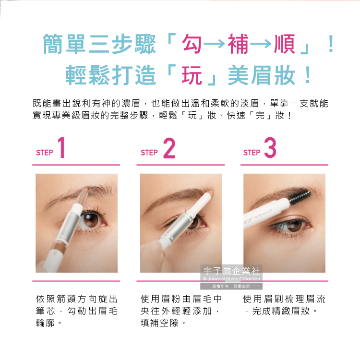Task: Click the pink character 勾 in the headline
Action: click(192, 44)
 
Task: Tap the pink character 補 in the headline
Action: click(238, 44)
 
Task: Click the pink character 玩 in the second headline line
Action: click(192, 75)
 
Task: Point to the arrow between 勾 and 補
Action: click(215, 44)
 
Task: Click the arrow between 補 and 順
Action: click(261, 44)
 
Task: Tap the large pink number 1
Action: click(61, 147)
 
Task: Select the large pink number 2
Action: click(169, 148)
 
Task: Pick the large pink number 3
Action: click(270, 148)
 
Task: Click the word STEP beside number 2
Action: click(149, 153)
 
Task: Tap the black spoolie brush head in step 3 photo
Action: click(299, 196)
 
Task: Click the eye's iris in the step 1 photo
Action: click(91, 220)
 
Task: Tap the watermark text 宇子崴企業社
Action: click(231, 271)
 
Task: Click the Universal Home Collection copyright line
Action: click(231, 279)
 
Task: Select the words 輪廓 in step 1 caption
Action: click(45, 323)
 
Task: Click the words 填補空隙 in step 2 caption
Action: click(159, 323)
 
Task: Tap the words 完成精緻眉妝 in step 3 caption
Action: click(281, 311)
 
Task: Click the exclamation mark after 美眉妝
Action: click(308, 75)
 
